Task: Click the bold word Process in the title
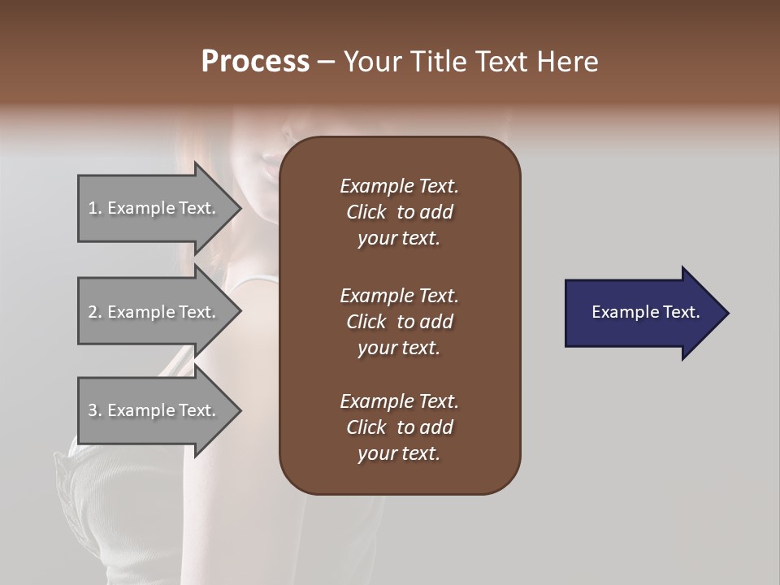pyautogui.click(x=255, y=62)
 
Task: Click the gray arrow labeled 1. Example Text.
pyautogui.click(x=154, y=208)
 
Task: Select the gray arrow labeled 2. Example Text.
pyautogui.click(x=154, y=312)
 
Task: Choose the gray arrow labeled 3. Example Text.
pyautogui.click(x=154, y=410)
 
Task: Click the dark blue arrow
pyautogui.click(x=642, y=313)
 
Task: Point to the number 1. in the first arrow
pyautogui.click(x=95, y=209)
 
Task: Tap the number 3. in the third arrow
pyautogui.click(x=95, y=411)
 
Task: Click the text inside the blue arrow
pyautogui.click(x=645, y=312)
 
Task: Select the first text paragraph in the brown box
pyautogui.click(x=399, y=212)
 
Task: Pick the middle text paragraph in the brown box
pyautogui.click(x=399, y=322)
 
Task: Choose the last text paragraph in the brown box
pyautogui.click(x=399, y=427)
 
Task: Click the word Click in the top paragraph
pyautogui.click(x=366, y=213)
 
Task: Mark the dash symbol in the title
pyautogui.click(x=327, y=63)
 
